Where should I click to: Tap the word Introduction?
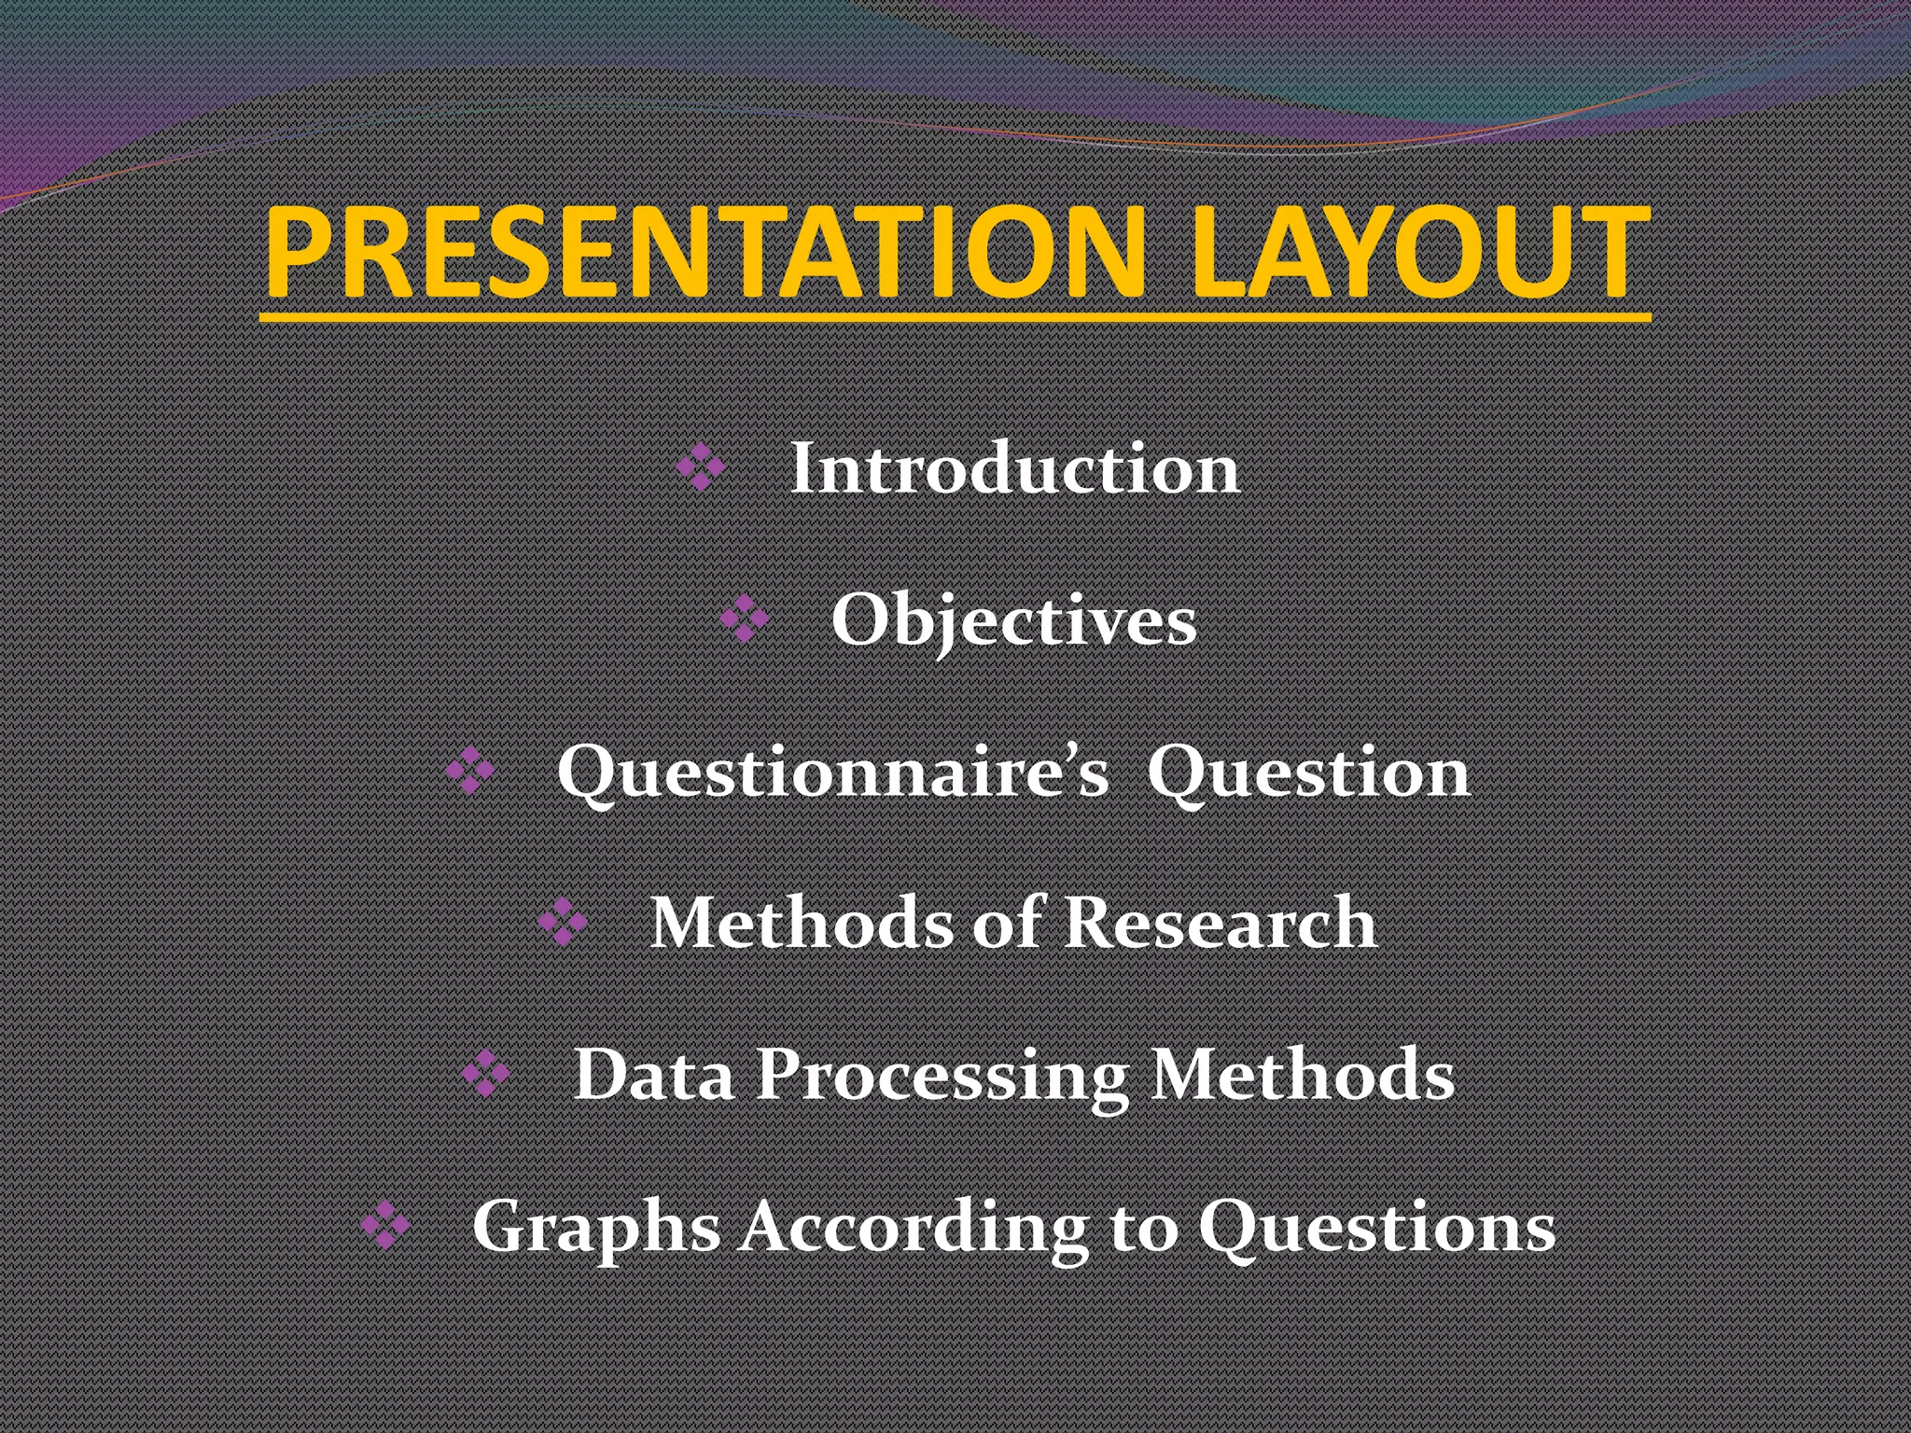[1014, 468]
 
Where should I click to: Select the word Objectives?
[1013, 621]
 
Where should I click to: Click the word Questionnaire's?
[833, 772]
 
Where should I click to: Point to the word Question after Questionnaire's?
[1308, 772]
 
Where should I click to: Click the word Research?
[1221, 924]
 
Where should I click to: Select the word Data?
[653, 1075]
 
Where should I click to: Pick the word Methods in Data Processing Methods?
[1303, 1075]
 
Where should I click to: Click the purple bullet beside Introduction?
[700, 466]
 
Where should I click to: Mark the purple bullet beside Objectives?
[744, 619]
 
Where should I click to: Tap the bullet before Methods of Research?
[563, 922]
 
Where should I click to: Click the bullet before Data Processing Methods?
[485, 1073]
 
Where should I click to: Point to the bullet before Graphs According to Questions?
[384, 1225]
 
